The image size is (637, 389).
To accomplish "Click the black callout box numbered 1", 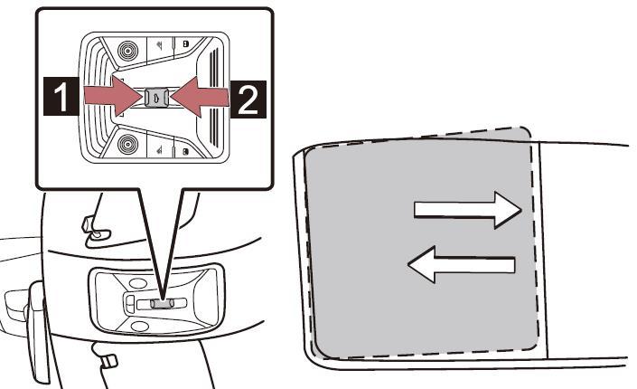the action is pos(61,96).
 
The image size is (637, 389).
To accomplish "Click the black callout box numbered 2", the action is pos(248,100).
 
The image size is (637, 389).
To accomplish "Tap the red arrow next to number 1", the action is pos(113,96).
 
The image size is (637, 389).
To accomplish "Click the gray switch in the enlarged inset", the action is pos(156,98).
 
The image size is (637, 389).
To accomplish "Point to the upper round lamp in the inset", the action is pos(128,51).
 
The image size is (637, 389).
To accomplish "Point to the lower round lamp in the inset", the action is pos(128,144).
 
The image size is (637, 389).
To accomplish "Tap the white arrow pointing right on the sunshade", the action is pos(467,210).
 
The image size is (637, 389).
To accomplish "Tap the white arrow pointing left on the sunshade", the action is pos(461,264).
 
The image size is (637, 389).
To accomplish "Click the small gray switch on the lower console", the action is pos(162,303).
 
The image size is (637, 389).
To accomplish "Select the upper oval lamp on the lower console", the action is pos(138,284).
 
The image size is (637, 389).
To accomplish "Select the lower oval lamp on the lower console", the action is pos(139,326).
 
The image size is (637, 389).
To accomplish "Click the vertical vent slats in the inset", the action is pos(213,97).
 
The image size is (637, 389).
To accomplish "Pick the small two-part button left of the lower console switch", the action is pos(130,304).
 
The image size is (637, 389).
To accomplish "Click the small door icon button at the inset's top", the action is pos(185,43).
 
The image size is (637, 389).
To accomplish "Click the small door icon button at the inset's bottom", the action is pos(185,152).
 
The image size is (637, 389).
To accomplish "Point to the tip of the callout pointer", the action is pos(163,299).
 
